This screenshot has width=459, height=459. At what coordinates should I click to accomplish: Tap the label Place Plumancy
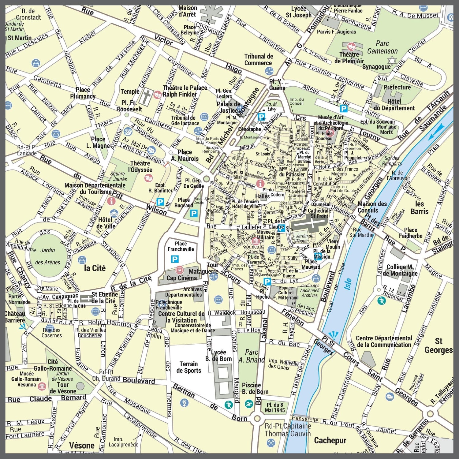83,93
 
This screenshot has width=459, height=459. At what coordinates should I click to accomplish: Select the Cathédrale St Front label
319,213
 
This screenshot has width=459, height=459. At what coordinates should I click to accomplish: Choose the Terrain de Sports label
188,367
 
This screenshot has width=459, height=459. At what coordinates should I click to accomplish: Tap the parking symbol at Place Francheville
174,259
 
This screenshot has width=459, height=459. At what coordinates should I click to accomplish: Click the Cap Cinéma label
181,278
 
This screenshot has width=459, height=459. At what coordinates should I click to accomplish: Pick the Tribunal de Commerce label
258,60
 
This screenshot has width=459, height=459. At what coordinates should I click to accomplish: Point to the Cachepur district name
330,440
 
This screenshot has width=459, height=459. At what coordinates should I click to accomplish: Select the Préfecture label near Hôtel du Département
397,87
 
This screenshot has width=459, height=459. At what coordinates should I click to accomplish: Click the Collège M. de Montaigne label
400,270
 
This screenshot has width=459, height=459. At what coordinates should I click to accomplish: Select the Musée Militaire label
266,235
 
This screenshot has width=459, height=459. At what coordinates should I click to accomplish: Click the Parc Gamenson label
382,47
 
